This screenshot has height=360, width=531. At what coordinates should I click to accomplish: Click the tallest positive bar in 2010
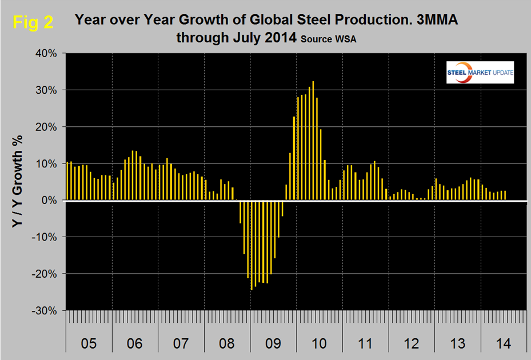point(313,141)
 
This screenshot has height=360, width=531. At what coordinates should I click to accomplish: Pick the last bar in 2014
point(505,195)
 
